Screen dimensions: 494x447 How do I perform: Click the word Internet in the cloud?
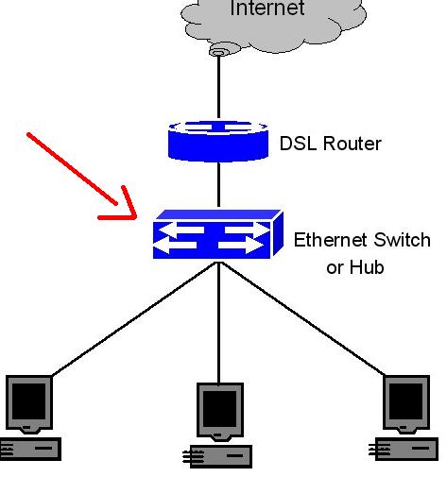[267, 9]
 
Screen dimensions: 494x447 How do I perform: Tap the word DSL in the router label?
[300, 144]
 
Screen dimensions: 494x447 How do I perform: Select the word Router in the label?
[352, 144]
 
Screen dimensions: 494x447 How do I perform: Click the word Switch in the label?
[404, 240]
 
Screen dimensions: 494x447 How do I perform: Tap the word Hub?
[368, 267]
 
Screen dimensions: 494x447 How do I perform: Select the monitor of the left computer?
[29, 403]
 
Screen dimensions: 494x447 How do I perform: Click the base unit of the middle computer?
[220, 456]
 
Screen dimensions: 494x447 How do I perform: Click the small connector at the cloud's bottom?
[219, 50]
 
